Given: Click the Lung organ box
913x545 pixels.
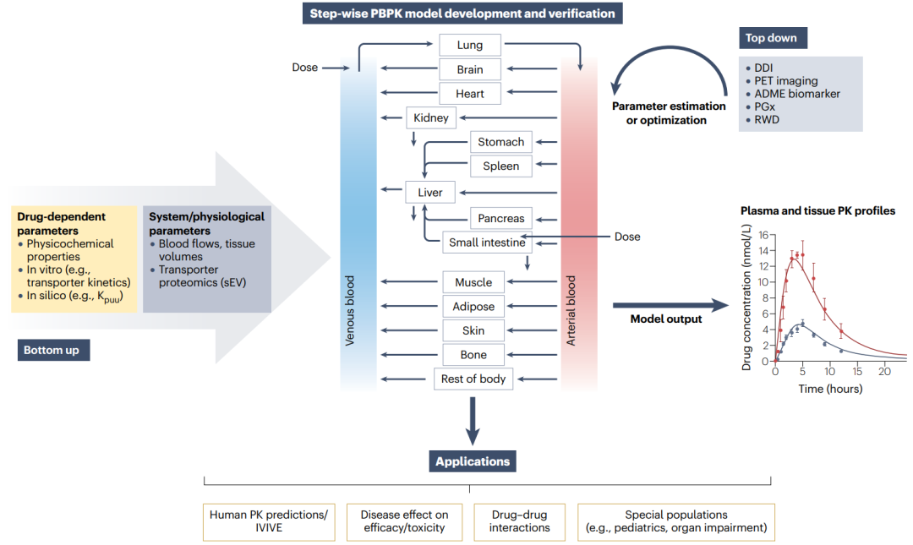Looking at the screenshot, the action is click(469, 45).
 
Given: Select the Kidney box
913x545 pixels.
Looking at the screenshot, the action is click(431, 117).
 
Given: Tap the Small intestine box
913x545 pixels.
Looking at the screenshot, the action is click(487, 243).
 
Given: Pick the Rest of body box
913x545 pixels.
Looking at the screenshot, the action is click(473, 379).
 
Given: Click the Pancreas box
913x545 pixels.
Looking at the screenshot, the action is click(500, 218).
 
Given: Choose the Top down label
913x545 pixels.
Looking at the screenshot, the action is click(773, 38).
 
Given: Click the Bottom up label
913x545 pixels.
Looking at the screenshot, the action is click(53, 350).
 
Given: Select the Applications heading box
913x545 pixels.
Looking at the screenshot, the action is click(473, 461).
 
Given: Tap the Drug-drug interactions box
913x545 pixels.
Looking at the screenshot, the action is click(519, 521).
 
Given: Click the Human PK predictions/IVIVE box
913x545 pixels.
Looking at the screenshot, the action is click(269, 521).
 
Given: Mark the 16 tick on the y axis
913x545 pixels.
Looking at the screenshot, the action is click(764, 235).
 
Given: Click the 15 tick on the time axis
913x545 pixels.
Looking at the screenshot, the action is click(857, 372).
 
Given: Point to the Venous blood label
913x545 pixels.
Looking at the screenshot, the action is click(349, 310).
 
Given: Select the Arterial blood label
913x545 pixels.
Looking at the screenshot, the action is click(571, 310).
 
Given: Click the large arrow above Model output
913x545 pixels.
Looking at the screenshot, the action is click(670, 305).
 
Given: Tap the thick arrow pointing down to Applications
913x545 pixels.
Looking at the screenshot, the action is click(473, 422).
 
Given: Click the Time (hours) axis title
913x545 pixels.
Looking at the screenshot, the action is click(830, 389).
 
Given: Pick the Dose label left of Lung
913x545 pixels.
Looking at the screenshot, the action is click(305, 68).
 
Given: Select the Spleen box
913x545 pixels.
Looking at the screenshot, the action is click(500, 166).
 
